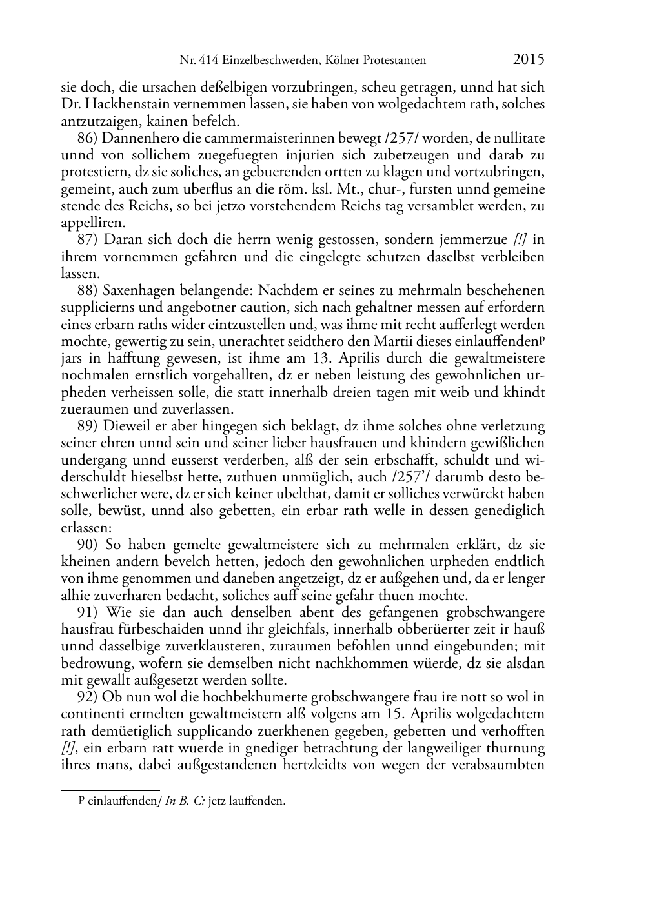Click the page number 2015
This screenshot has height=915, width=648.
pyautogui.click(x=529, y=60)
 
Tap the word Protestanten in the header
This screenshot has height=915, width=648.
pyautogui.click(x=394, y=61)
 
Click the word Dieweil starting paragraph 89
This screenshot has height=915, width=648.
pyautogui.click(x=124, y=427)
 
